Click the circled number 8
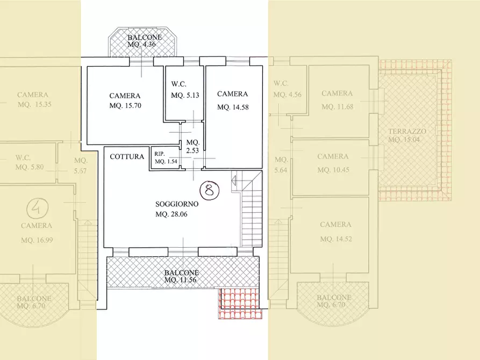pos(210,190)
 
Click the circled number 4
pos(37,208)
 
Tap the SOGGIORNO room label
pos(177,204)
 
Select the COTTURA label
pos(127,157)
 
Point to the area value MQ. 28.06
pos(171,214)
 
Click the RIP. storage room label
pos(160,154)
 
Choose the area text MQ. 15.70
pos(125,106)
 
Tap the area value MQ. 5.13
pos(185,95)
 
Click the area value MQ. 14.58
pos(233,107)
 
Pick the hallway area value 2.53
pos(192,150)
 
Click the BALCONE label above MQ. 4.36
pos(145,38)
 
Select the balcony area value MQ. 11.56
pos(180,279)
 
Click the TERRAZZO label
pos(407,131)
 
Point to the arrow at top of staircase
pos(234,181)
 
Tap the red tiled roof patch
pos(240,303)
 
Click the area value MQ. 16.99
pos(37,240)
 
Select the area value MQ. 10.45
pos(333,170)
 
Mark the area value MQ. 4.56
pos(288,95)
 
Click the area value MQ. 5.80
pos(30,167)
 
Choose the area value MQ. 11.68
pos(338,107)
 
